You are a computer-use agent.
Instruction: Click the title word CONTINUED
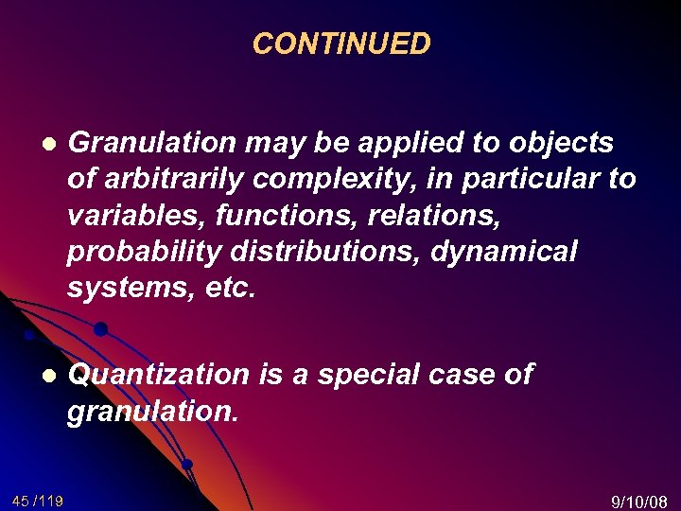tap(341, 44)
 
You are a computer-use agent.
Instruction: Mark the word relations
tap(439, 216)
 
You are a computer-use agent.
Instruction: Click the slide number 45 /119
tap(38, 501)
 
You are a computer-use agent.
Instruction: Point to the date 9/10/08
tap(640, 502)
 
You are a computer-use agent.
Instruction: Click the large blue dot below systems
tap(99, 329)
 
